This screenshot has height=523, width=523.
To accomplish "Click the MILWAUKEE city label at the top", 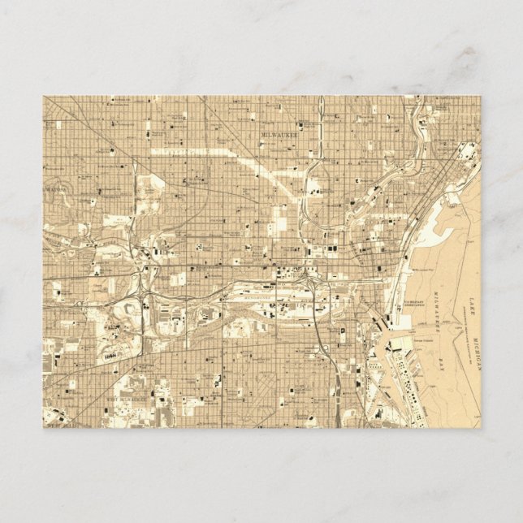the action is coord(279,136).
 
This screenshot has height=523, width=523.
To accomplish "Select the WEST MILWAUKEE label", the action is coord(121,400).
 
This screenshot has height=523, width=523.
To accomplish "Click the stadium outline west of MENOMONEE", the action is coord(112,355).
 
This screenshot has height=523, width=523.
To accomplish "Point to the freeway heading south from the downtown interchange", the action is coord(318,341).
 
